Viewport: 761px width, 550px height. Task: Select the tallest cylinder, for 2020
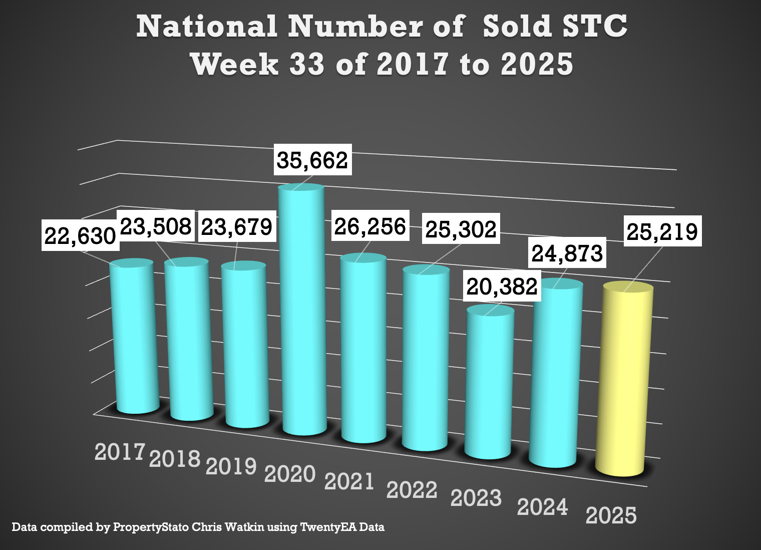[x=303, y=311]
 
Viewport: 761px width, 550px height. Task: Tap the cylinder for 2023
[x=489, y=383]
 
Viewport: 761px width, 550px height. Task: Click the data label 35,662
[x=312, y=160]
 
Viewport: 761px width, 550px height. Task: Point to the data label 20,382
[x=502, y=287]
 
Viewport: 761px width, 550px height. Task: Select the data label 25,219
[x=662, y=231]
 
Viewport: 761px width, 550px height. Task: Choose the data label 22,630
[x=80, y=235]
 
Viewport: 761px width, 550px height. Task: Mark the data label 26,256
[x=370, y=226]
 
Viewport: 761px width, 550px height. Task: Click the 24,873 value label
[x=567, y=253]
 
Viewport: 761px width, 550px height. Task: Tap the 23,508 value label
[x=156, y=226]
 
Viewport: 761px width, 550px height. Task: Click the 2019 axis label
[x=231, y=466]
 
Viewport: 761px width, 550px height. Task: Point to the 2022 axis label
[x=412, y=489]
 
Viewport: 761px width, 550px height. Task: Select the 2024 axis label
[x=543, y=507]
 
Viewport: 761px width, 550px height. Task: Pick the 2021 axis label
[x=349, y=481]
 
